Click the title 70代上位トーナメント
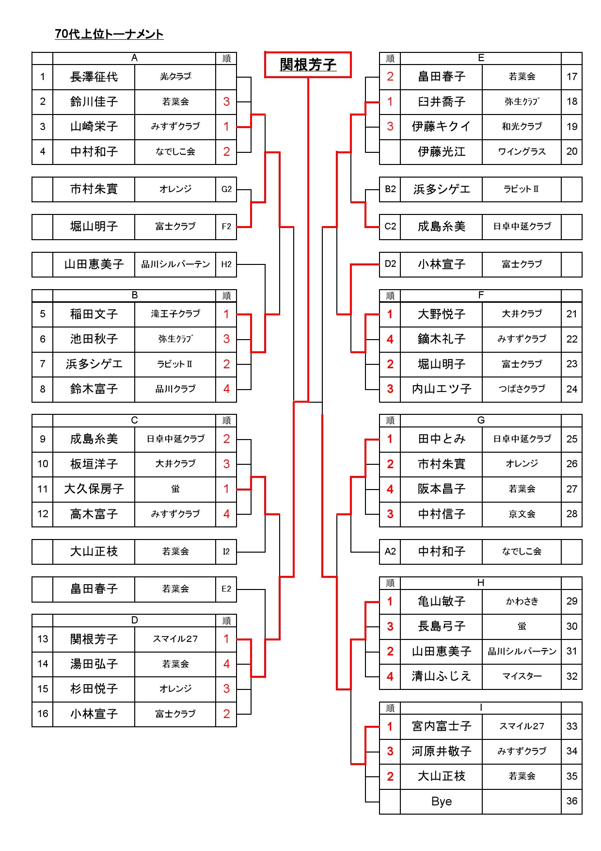(x=109, y=34)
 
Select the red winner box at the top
(x=308, y=65)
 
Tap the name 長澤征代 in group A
(x=94, y=77)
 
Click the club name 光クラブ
(x=175, y=76)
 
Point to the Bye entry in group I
(x=442, y=801)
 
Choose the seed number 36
(x=572, y=801)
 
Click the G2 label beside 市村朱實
(x=226, y=189)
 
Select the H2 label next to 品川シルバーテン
(x=226, y=264)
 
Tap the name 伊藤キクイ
(x=442, y=127)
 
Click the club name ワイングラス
(x=522, y=151)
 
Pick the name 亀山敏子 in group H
(x=442, y=602)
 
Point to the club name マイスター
(x=522, y=676)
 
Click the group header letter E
(x=481, y=58)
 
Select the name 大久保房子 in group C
(x=94, y=489)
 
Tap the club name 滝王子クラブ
(x=175, y=313)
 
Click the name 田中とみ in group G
(x=442, y=439)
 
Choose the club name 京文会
(x=522, y=514)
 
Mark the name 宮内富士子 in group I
(x=442, y=726)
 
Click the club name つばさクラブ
(x=522, y=389)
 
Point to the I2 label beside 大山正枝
(x=226, y=552)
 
